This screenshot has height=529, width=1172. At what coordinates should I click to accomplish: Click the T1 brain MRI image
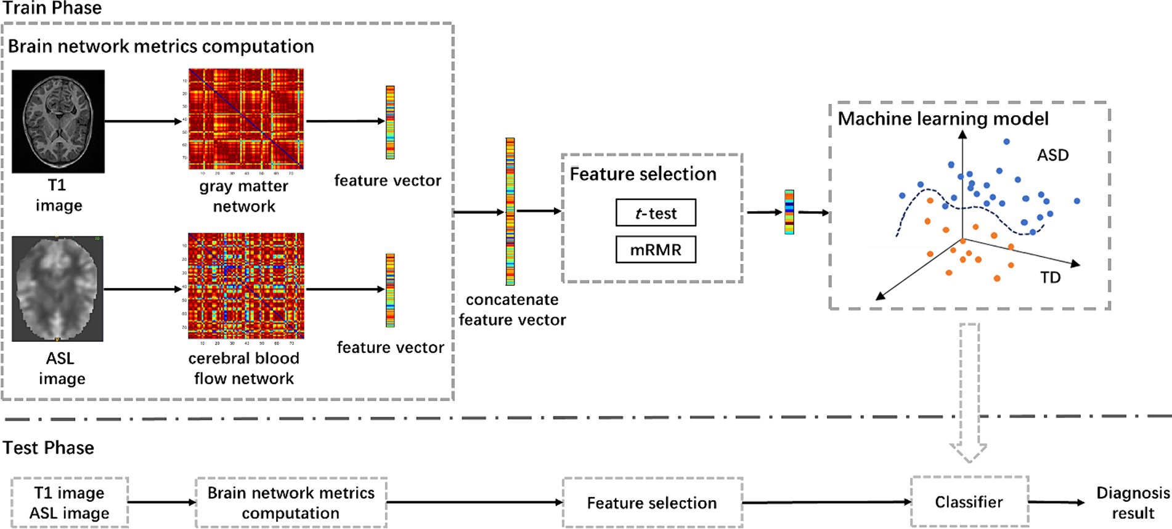pos(58,121)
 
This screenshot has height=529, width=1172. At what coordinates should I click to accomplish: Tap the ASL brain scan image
pos(57,288)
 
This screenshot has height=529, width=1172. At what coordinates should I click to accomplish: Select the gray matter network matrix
pos(246,119)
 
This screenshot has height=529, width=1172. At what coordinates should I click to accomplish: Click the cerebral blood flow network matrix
pos(246,286)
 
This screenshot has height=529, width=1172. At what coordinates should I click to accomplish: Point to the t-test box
pos(656,212)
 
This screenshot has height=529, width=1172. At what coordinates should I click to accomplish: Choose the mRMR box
pos(656,249)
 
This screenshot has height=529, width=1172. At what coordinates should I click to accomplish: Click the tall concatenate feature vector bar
pos(510,211)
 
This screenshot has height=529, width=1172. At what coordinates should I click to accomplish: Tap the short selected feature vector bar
pos(789,212)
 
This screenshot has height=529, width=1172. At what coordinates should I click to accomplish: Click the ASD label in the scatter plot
pos(1052,155)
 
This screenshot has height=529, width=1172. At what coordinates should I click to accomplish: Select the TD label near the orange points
pos(1051,277)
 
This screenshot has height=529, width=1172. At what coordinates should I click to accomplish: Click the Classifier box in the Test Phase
pos(969,502)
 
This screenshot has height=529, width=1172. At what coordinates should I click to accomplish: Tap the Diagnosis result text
pos(1133,503)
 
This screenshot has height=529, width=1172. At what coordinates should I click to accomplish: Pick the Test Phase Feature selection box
pos(652,503)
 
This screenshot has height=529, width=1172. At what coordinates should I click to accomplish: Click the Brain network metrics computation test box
pos(291,503)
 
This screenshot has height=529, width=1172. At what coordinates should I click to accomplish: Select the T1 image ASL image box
pos(70,503)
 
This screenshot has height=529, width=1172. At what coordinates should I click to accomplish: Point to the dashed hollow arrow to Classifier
pos(969,394)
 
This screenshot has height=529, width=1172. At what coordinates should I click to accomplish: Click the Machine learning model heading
pos(943,118)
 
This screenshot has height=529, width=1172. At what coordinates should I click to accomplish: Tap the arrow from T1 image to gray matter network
pos(143,121)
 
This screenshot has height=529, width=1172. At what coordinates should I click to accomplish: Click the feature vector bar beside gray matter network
pos(390,122)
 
